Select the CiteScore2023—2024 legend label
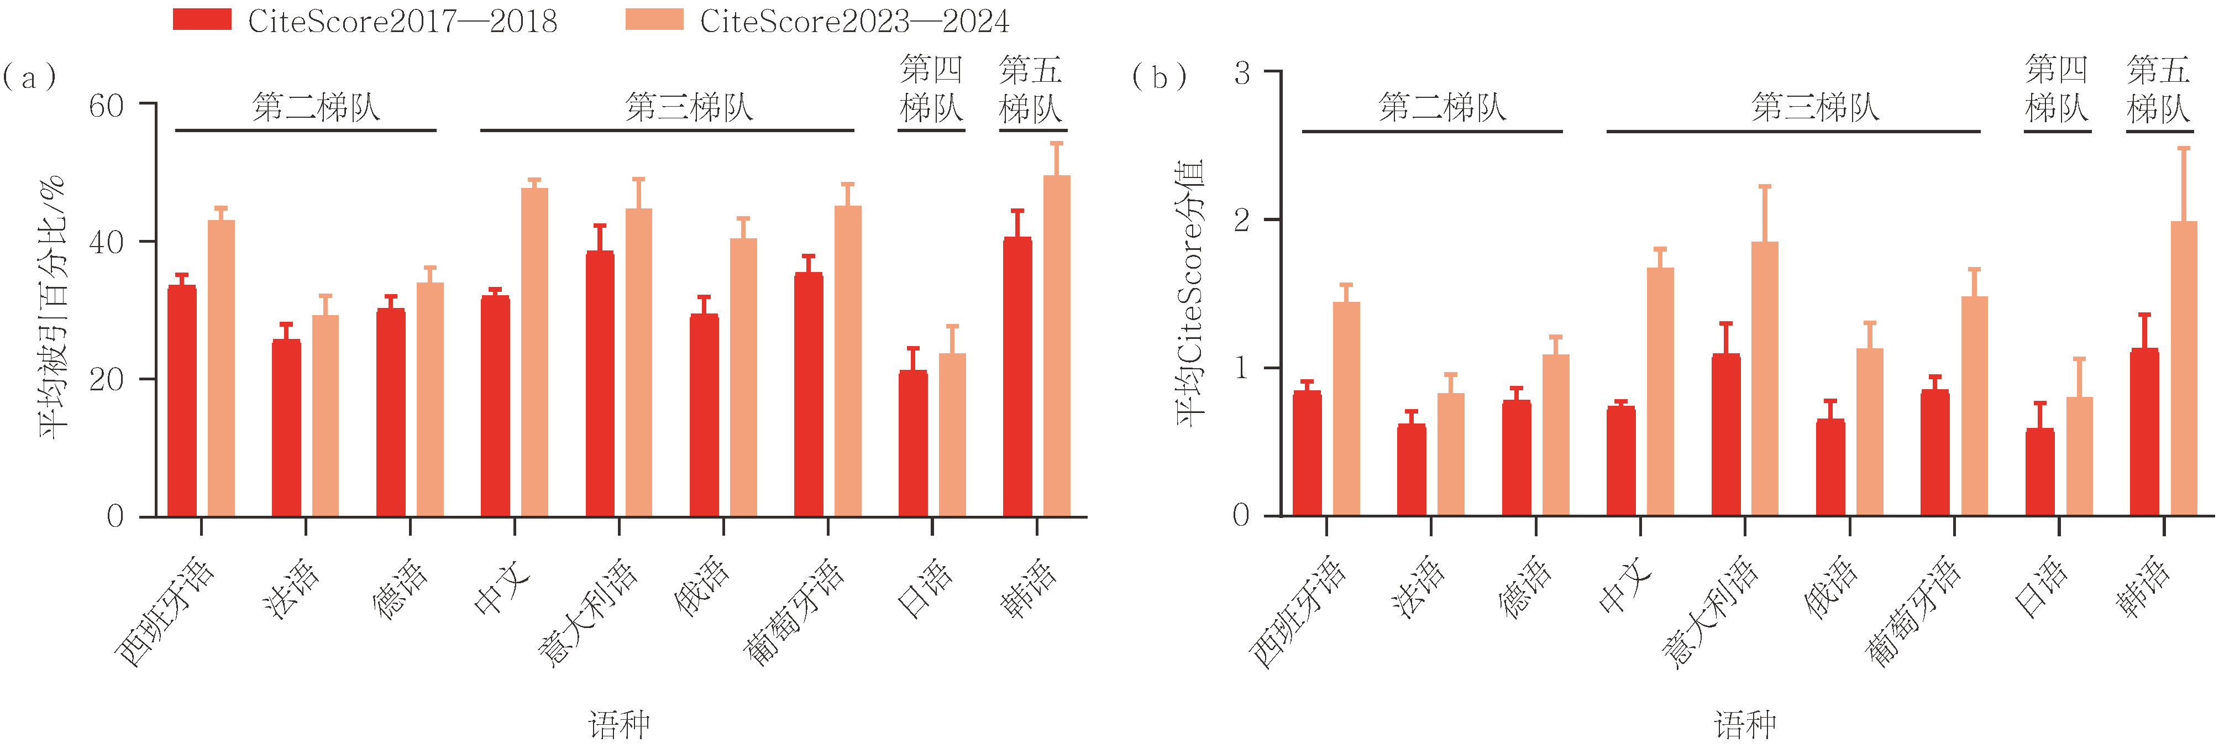[x=854, y=20]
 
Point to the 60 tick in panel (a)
[x=107, y=106]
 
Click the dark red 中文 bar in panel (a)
[x=495, y=407]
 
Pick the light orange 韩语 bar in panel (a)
[x=1057, y=347]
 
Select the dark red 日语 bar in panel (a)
[x=913, y=444]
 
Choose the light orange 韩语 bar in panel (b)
[x=2184, y=369]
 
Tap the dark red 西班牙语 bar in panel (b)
[x=1307, y=453]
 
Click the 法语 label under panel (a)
[x=292, y=589]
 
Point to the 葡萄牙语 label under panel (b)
[x=1914, y=613]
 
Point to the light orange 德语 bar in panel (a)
[x=430, y=400]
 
